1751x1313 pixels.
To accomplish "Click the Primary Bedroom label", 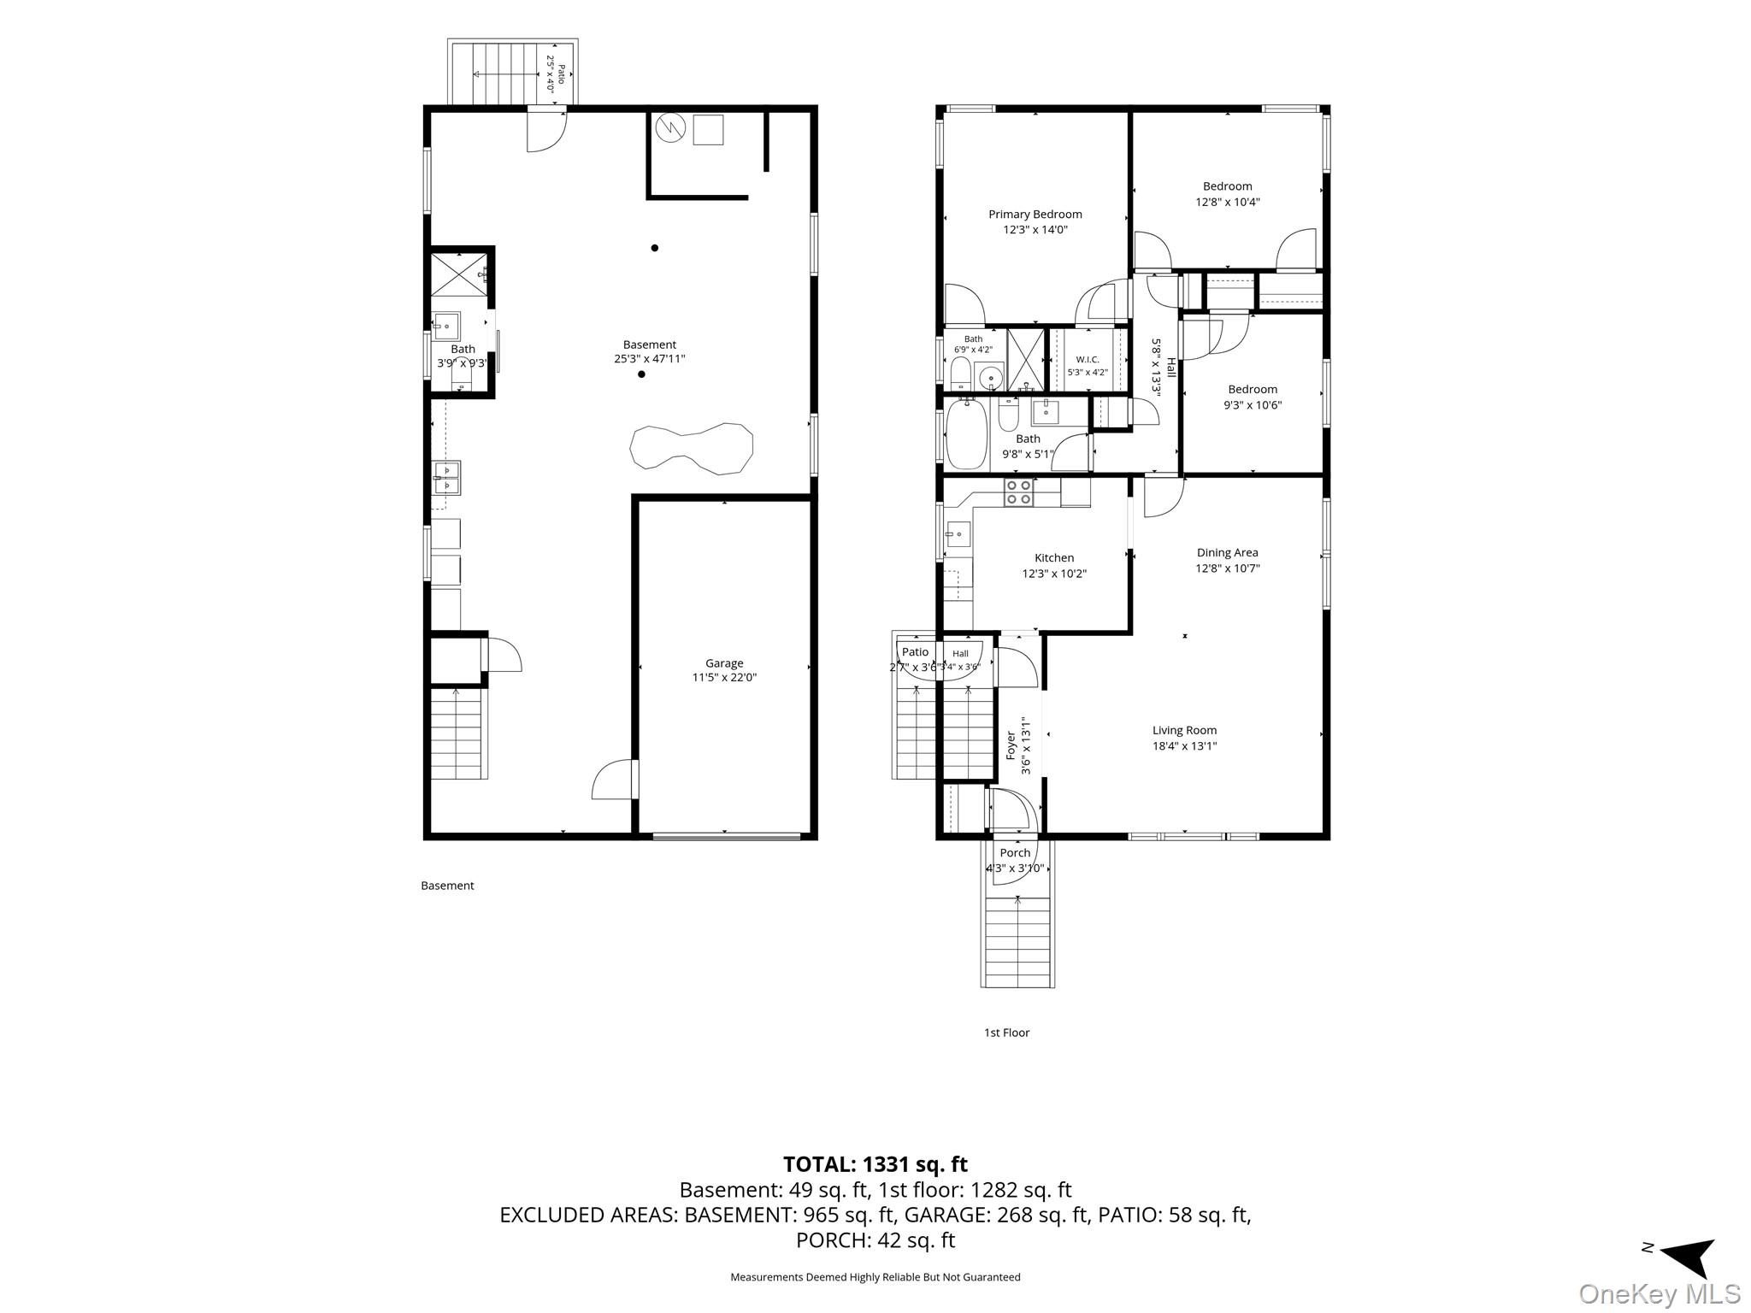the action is (1035, 214).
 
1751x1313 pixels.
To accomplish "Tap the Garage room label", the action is (724, 662).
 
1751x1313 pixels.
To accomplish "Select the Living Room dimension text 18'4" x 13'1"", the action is (1184, 745).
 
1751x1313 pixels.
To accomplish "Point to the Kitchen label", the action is (1053, 557).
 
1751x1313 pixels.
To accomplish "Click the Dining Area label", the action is (1227, 552).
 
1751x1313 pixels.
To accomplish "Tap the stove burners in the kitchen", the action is (1018, 492).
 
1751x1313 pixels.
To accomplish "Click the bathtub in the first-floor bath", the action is (967, 435).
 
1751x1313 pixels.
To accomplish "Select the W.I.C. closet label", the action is (1088, 359).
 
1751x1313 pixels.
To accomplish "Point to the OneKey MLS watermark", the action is (1659, 1293).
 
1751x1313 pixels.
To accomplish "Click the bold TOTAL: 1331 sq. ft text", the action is (875, 1164).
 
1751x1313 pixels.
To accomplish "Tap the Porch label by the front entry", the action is (1015, 852).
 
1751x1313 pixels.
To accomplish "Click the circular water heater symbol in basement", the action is (671, 128).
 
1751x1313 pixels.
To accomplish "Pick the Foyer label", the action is (1011, 745).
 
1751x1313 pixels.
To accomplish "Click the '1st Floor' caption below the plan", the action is (1006, 1033).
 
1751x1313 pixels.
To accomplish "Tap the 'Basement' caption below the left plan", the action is (447, 886).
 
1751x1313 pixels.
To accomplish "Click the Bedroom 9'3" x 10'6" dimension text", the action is (1253, 405).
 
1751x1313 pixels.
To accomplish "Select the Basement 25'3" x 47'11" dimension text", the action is (650, 359).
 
